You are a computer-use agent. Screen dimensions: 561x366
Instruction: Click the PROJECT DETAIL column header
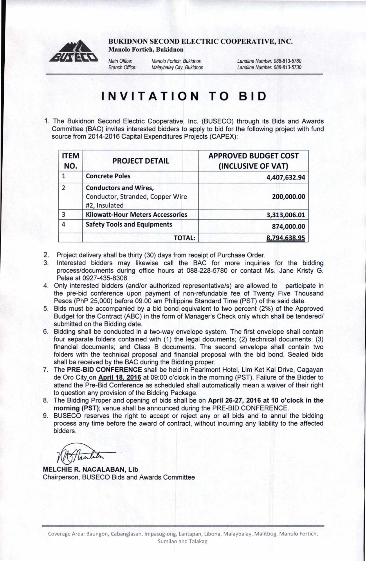click(x=141, y=161)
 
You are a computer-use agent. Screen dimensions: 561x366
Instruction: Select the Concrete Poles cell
click(x=108, y=176)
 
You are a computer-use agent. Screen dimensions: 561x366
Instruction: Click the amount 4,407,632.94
click(x=286, y=177)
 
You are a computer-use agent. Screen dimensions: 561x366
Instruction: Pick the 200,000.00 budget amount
click(x=289, y=197)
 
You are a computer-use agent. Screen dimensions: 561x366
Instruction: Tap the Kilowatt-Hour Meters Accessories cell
click(x=136, y=215)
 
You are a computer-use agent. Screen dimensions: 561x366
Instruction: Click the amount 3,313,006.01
click(x=286, y=215)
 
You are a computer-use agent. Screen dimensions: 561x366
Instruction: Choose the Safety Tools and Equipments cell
click(x=129, y=225)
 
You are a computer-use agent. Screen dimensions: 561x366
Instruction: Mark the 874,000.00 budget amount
click(x=289, y=227)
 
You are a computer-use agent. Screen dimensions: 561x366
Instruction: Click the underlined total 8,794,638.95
click(x=286, y=238)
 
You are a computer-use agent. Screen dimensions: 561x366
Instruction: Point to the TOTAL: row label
click(x=184, y=238)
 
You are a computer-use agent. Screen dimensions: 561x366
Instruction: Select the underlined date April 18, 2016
click(x=120, y=378)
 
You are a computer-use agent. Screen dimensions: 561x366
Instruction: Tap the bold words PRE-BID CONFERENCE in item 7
click(x=104, y=370)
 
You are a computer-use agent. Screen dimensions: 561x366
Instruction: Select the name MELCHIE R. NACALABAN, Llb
click(x=91, y=469)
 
